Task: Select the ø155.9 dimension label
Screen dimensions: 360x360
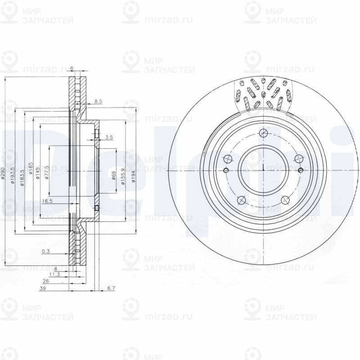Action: coord(123,174)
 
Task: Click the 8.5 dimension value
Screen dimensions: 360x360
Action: coord(98,102)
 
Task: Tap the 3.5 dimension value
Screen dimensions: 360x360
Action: coord(108,137)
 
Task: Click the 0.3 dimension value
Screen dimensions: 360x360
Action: coord(45,252)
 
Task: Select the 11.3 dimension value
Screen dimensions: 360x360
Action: coord(54,274)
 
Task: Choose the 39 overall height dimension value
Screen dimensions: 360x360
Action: coord(42,289)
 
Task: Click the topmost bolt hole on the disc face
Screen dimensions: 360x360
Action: coord(264,134)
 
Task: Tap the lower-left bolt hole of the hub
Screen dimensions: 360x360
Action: coord(241,200)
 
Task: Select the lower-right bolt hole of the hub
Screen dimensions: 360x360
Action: coord(284,200)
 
